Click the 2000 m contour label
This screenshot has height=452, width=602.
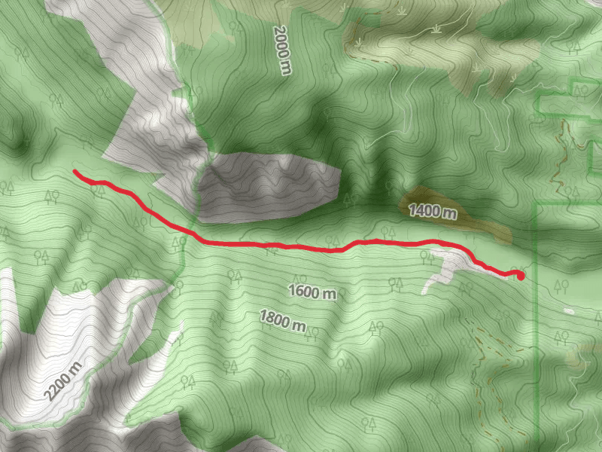281,49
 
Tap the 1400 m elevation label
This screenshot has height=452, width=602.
433,212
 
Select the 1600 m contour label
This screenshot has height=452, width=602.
312,292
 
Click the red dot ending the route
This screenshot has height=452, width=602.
520,276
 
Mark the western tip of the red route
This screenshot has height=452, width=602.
74,173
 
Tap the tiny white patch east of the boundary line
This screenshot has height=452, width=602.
569,310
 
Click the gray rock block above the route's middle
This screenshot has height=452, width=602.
271,185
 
